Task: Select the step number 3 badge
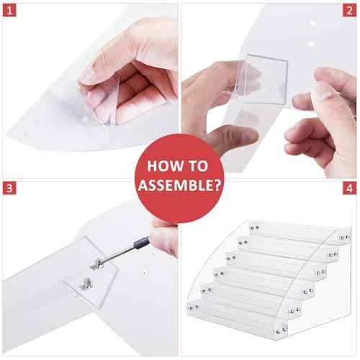9,189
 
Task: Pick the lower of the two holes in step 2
311,44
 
